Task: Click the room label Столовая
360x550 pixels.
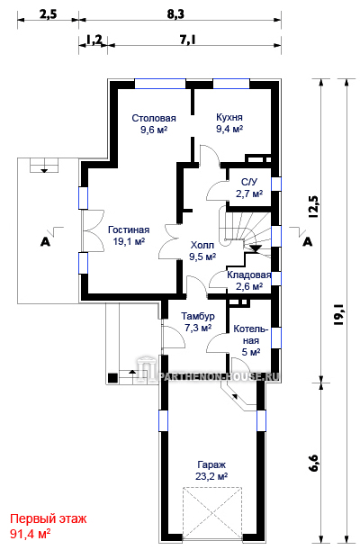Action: [x=154, y=118]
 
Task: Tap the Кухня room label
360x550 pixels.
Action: [x=229, y=117]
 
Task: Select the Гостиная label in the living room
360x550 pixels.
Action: [x=129, y=230]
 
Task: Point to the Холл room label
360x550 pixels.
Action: [x=202, y=245]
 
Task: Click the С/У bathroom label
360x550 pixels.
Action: [x=249, y=182]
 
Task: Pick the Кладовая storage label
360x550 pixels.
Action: [x=249, y=275]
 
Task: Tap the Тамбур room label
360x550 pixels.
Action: [x=198, y=316]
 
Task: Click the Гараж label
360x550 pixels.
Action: [x=211, y=464]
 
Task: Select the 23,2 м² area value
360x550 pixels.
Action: [x=211, y=477]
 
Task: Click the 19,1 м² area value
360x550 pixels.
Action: [x=129, y=241]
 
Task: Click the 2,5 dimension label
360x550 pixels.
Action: [x=48, y=14]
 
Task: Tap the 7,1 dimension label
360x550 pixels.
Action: [x=187, y=41]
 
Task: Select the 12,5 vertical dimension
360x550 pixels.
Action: [x=314, y=207]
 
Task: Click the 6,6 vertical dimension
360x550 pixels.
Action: [x=314, y=463]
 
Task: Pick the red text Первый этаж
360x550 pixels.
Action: [x=48, y=518]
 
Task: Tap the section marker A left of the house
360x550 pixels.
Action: [x=45, y=241]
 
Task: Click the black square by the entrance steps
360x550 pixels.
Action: [x=112, y=378]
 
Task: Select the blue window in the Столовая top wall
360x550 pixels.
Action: [x=160, y=84]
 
